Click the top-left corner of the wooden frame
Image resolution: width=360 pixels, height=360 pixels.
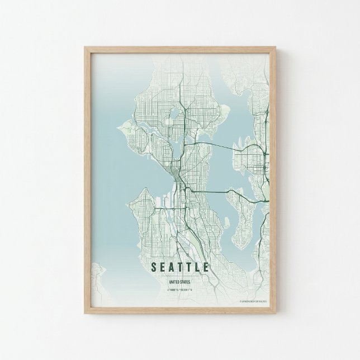click(86, 48)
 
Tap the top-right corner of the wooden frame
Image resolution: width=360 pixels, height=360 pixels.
click(274, 48)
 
